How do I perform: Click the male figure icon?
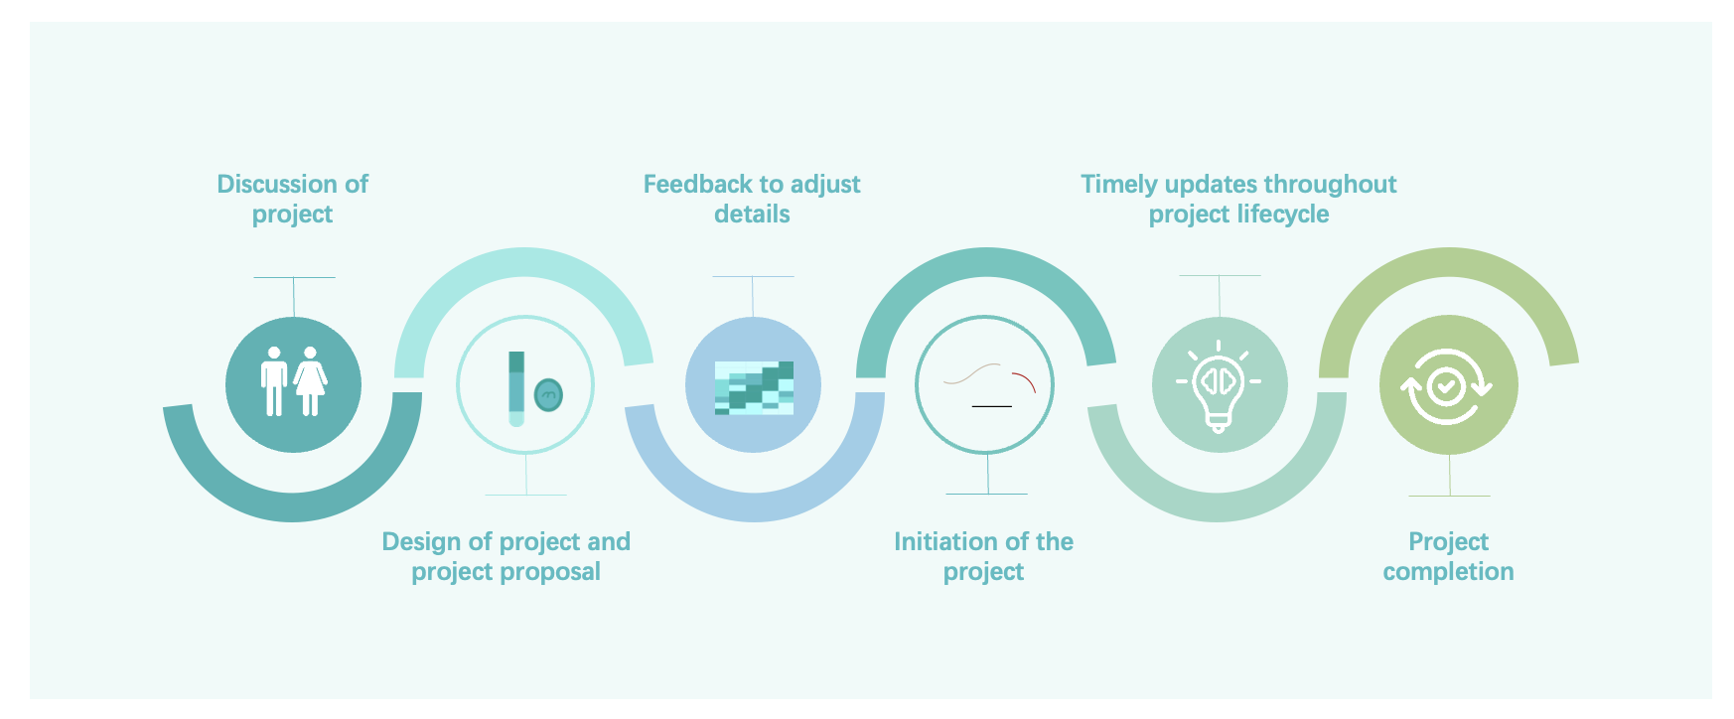click(274, 382)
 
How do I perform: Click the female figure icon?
click(310, 382)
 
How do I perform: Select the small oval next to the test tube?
click(548, 394)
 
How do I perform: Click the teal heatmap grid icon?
click(754, 387)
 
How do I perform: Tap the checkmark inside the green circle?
click(1446, 385)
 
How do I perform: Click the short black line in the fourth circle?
click(991, 406)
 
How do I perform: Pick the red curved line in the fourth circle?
click(1025, 380)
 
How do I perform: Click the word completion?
click(1448, 572)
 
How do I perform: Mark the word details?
click(752, 215)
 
